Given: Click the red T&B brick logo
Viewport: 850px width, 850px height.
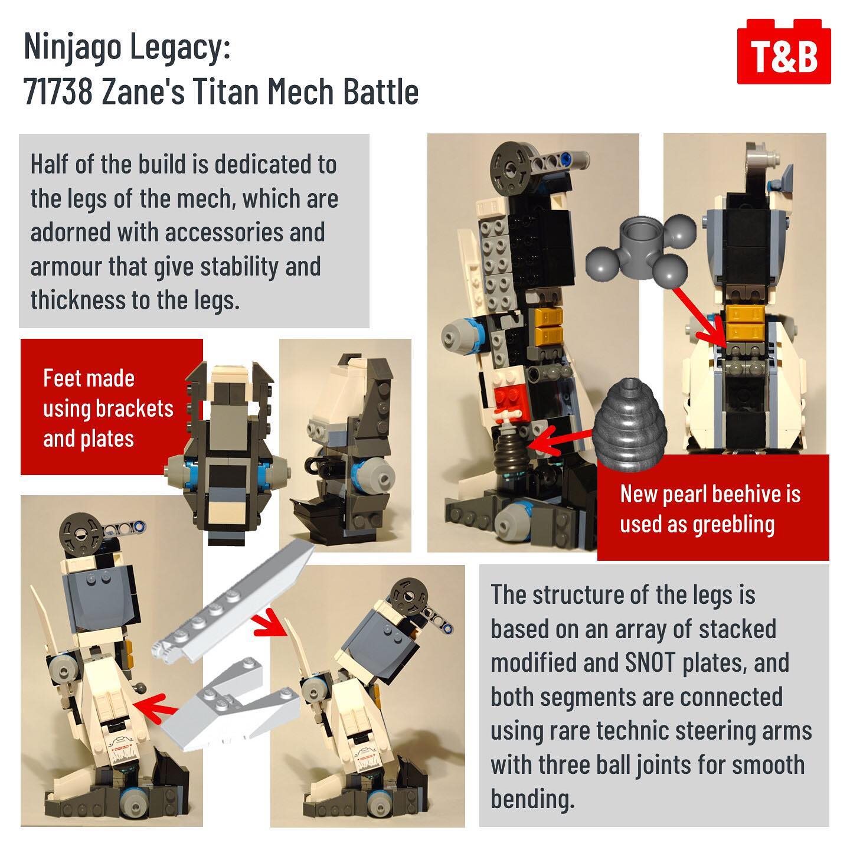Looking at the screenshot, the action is [x=783, y=51].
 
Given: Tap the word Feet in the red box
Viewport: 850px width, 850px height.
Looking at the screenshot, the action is [x=60, y=378].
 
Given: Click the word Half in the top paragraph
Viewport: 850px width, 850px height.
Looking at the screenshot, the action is [x=49, y=164].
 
